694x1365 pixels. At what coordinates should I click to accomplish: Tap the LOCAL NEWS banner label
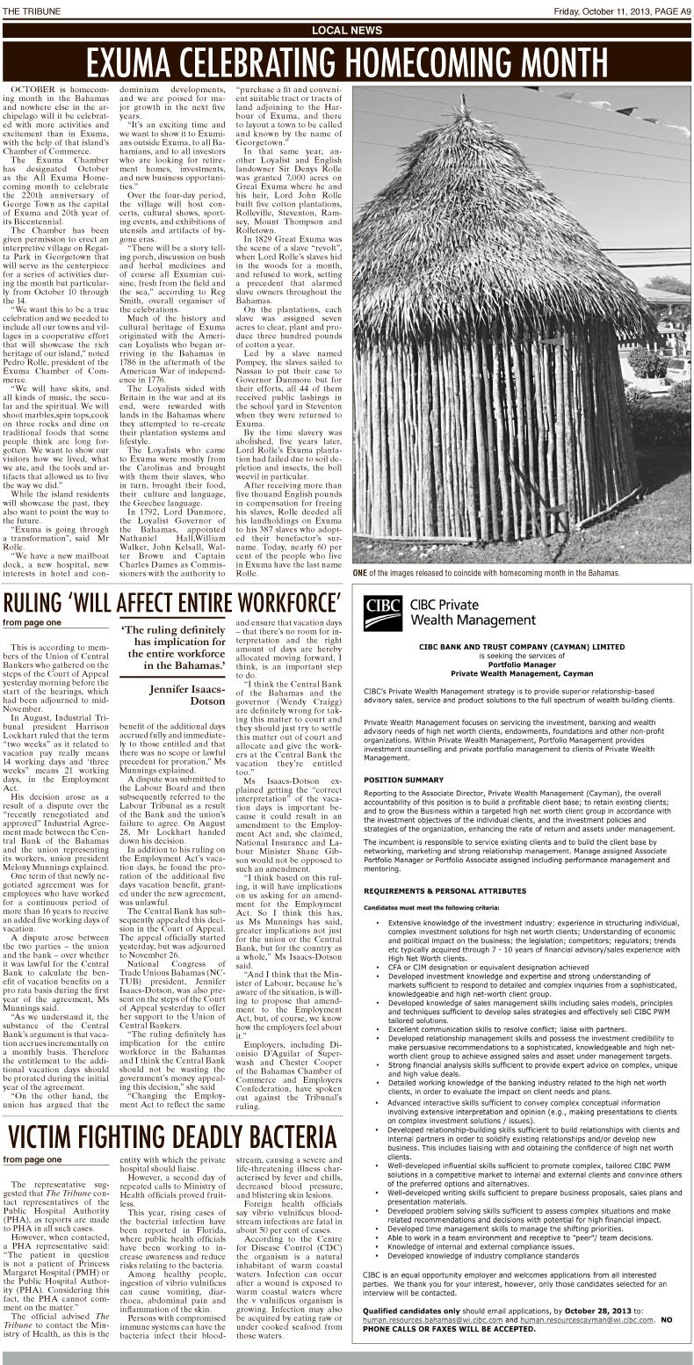pyautogui.click(x=346, y=30)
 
